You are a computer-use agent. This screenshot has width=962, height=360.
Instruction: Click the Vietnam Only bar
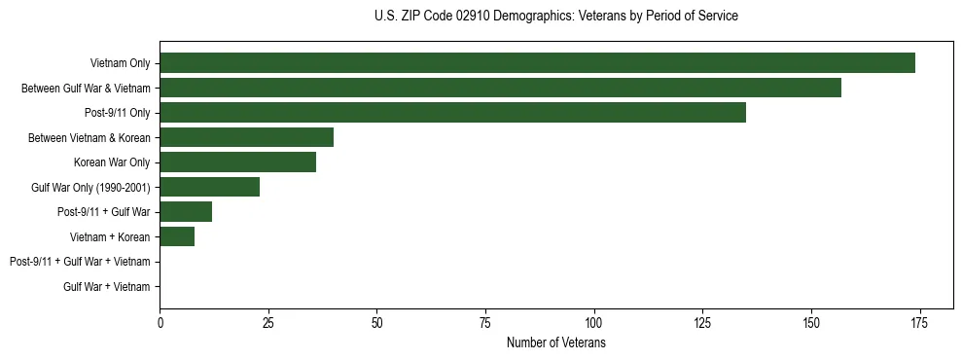[x=537, y=63]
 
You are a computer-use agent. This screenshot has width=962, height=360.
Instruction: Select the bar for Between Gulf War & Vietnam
[x=500, y=88]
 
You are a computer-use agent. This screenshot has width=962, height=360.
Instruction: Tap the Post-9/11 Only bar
[x=452, y=113]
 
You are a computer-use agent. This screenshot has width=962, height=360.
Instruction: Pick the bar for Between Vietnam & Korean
[x=246, y=137]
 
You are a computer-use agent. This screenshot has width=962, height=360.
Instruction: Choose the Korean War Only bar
[x=237, y=162]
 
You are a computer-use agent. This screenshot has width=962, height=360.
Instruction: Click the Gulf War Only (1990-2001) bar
[x=209, y=187]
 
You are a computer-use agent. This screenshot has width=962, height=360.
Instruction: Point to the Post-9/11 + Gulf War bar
[x=186, y=212]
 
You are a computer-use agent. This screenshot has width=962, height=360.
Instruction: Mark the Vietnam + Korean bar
[x=177, y=236]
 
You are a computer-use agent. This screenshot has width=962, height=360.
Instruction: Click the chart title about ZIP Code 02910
[x=555, y=17]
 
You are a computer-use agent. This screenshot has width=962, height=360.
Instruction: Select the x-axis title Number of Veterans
[x=555, y=342]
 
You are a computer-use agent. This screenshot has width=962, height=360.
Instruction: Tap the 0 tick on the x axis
[x=160, y=323]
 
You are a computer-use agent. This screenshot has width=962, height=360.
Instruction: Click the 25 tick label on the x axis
[x=268, y=323]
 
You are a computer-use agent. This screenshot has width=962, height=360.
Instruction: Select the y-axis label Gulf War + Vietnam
[x=106, y=287]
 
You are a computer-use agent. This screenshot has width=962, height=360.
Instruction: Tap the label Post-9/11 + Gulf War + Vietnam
[x=80, y=262]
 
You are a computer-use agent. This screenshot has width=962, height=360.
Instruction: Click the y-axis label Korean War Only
[x=112, y=162]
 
